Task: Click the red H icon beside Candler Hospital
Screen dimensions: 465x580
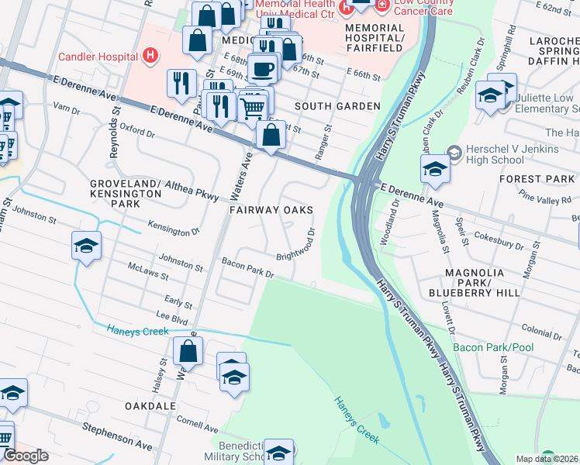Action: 151,56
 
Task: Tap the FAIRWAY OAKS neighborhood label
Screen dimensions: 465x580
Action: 271,211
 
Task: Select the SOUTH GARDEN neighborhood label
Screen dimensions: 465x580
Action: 337,106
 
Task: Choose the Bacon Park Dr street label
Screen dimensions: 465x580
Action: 248,269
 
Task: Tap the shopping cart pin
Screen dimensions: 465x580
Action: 253,107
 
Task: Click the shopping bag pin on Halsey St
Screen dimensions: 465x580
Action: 188,351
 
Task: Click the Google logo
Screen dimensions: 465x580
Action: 26,455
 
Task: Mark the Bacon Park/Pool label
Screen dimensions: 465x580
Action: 494,347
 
